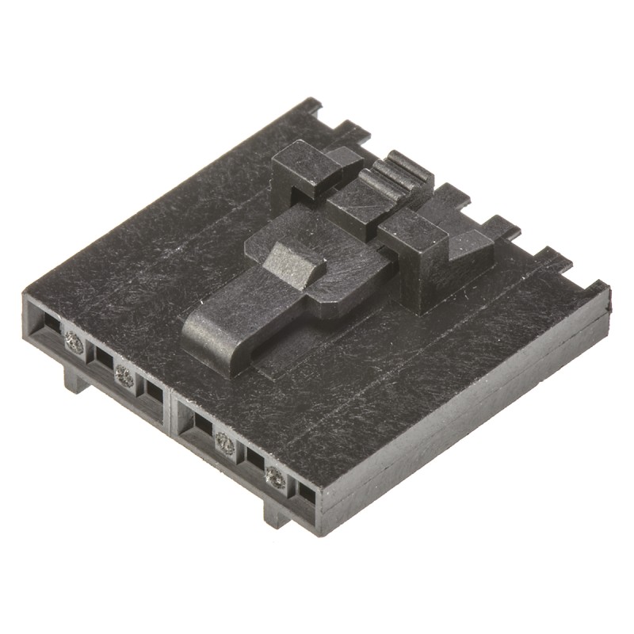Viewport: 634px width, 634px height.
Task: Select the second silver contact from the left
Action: pyautogui.click(x=124, y=376)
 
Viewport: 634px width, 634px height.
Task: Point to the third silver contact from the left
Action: pyautogui.click(x=225, y=445)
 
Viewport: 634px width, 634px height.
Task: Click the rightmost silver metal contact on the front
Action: pyautogui.click(x=275, y=476)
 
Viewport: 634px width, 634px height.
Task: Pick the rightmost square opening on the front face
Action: pyautogui.click(x=306, y=493)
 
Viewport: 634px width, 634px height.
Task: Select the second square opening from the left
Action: pyautogui.click(x=101, y=358)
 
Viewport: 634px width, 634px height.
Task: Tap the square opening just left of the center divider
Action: pyautogui.click(x=153, y=390)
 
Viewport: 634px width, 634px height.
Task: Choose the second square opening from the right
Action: pyautogui.click(x=254, y=459)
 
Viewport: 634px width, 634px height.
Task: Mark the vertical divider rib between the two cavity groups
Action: pyautogui.click(x=172, y=412)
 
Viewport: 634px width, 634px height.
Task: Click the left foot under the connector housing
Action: pyautogui.click(x=76, y=380)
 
